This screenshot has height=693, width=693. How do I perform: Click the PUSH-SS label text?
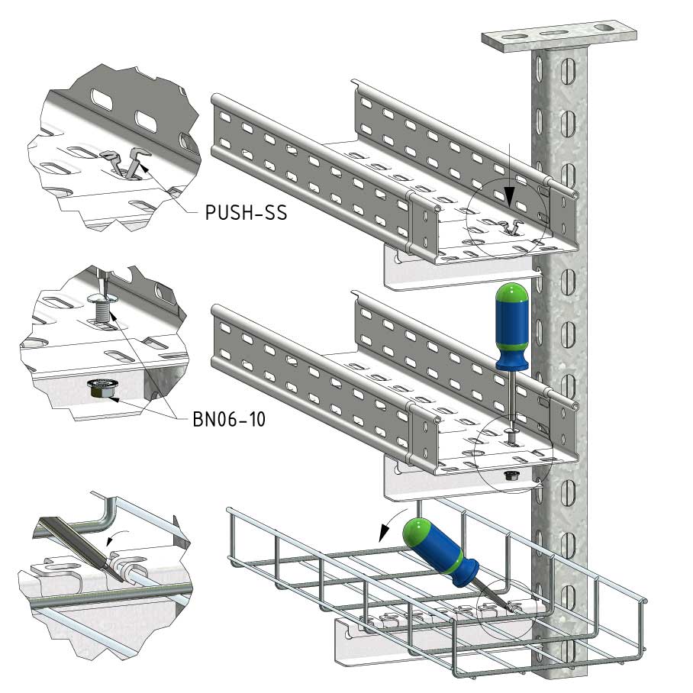pyautogui.click(x=247, y=213)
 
